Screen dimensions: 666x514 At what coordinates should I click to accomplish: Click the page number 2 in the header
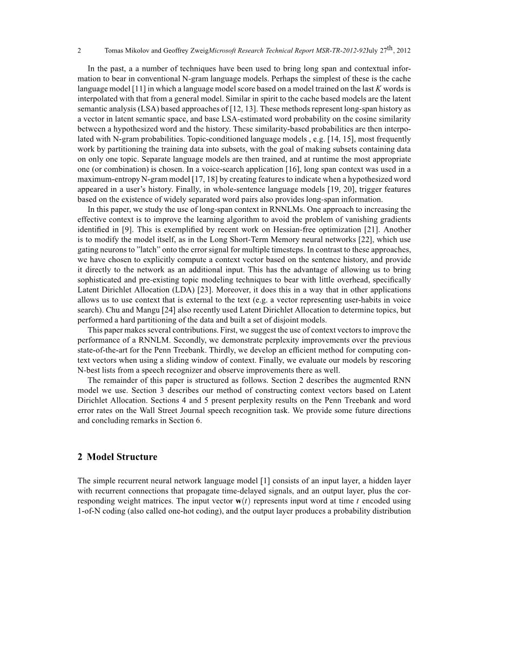tap(79, 51)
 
